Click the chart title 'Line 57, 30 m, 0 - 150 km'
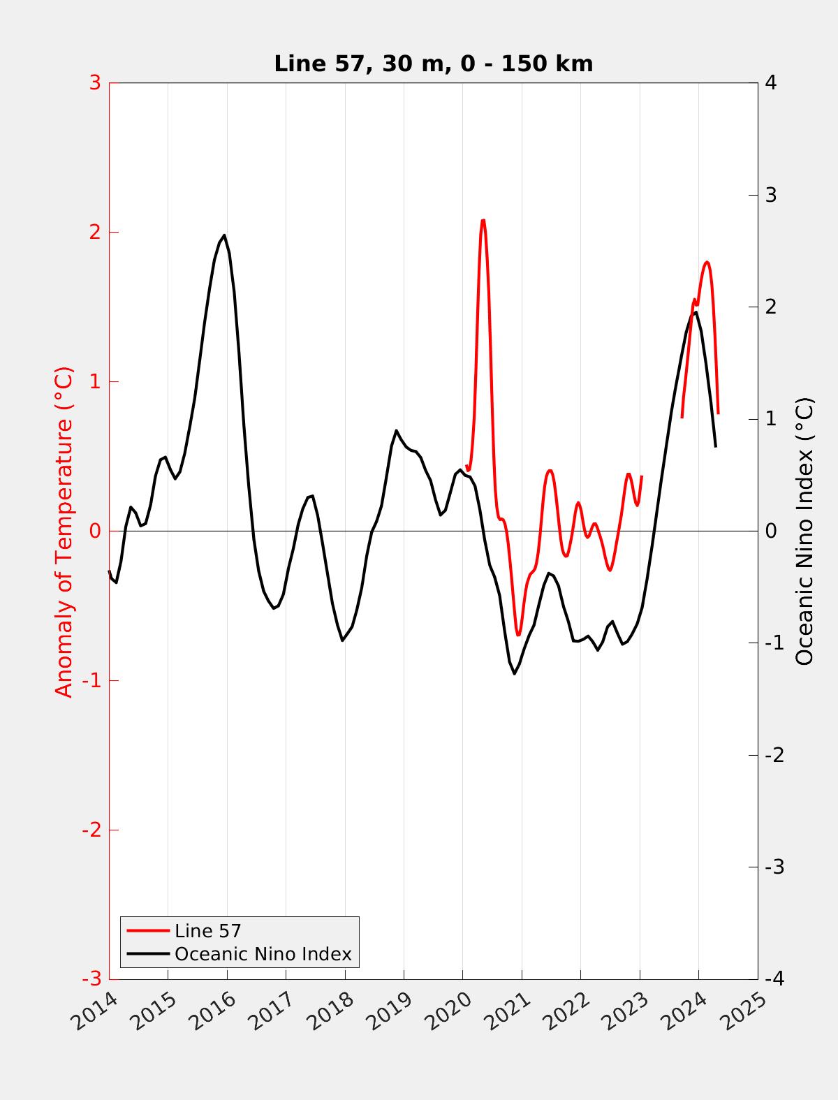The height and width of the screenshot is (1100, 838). tap(433, 64)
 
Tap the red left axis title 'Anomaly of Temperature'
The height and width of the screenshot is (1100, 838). tap(64, 532)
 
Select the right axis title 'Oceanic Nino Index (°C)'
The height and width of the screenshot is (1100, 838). tap(804, 531)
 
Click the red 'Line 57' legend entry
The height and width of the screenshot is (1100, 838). tap(207, 931)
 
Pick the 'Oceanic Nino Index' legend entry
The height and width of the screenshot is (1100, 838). tap(263, 954)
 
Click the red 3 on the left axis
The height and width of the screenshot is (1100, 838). tap(95, 82)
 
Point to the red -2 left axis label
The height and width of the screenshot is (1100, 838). tap(91, 830)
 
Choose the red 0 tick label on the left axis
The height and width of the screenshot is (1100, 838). tap(95, 531)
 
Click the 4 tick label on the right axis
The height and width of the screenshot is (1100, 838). tap(771, 82)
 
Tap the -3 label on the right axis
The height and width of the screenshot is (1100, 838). tap(774, 867)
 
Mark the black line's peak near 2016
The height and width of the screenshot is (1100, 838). tap(224, 235)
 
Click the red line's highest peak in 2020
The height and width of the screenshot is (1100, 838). tap(483, 221)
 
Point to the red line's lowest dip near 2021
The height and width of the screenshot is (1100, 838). tap(518, 635)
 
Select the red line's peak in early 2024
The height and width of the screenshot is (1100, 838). tap(707, 262)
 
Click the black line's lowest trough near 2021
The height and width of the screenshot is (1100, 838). tap(515, 673)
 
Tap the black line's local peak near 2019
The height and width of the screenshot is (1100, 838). tap(396, 430)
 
